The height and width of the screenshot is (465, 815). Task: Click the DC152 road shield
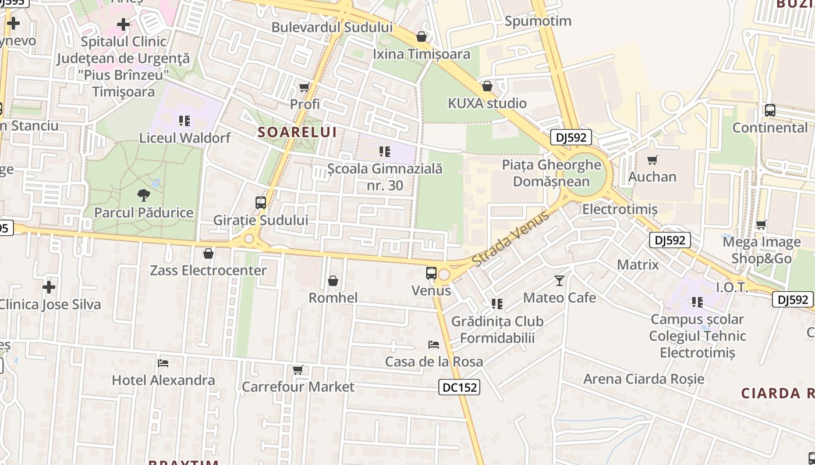[x=459, y=387]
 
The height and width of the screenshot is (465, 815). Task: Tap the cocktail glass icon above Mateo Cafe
[x=559, y=281]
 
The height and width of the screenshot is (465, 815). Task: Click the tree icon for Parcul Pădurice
[x=144, y=195]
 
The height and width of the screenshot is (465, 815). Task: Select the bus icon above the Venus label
[x=431, y=273]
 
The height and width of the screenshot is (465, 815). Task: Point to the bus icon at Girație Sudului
[x=261, y=203]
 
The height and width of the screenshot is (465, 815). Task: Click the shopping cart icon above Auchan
[x=653, y=160]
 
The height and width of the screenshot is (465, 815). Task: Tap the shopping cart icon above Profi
[x=304, y=88]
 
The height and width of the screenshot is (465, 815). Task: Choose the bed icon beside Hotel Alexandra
[x=163, y=363]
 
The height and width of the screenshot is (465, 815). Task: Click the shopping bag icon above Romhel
[x=333, y=281]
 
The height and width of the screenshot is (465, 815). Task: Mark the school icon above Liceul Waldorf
[x=185, y=121]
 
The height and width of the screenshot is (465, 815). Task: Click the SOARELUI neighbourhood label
[x=297, y=132]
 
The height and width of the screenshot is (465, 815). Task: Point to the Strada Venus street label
[x=510, y=239]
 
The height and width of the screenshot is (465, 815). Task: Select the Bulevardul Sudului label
[x=332, y=27]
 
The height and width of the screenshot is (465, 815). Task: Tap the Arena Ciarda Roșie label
[x=644, y=379]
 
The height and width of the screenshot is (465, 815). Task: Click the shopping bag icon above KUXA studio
[x=487, y=86]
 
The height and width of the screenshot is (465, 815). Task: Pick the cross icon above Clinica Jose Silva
[x=49, y=287]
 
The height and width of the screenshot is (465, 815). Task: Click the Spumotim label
[x=538, y=22]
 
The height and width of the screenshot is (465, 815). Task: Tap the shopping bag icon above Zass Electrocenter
[x=208, y=253]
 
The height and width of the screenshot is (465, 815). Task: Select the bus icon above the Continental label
[x=770, y=110]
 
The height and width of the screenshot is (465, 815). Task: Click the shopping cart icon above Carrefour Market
[x=298, y=370]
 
